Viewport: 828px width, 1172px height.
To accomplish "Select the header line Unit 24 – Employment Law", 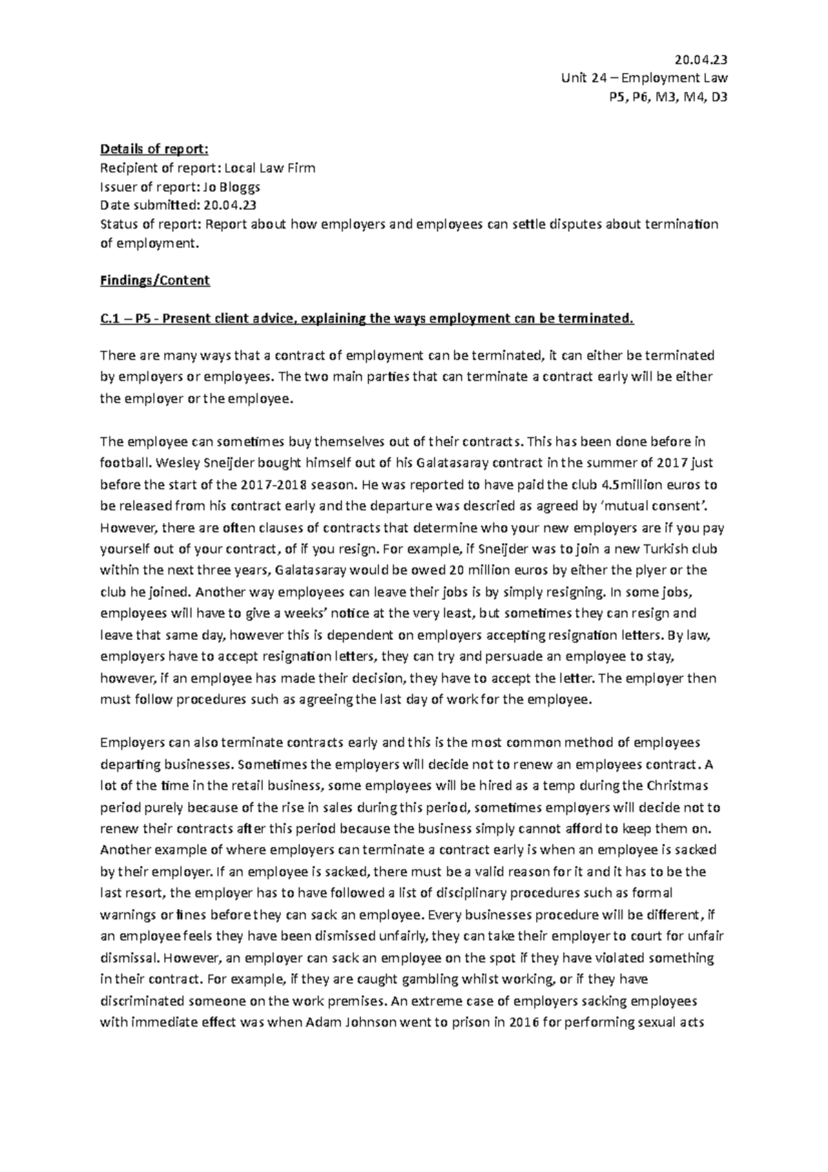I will pyautogui.click(x=645, y=78).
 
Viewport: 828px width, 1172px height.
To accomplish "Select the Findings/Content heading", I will pyautogui.click(x=155, y=280).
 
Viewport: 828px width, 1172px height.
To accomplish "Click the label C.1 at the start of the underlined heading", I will pyautogui.click(x=110, y=318).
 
